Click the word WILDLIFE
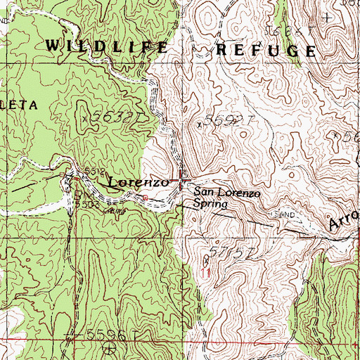pos(107,48)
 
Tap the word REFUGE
pos(265,50)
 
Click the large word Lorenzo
pos(138,182)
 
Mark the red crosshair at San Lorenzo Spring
pos(181,181)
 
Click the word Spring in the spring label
pos(212,205)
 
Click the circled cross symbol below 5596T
pos(108,347)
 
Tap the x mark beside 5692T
pos(200,124)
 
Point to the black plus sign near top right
pos(327,16)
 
